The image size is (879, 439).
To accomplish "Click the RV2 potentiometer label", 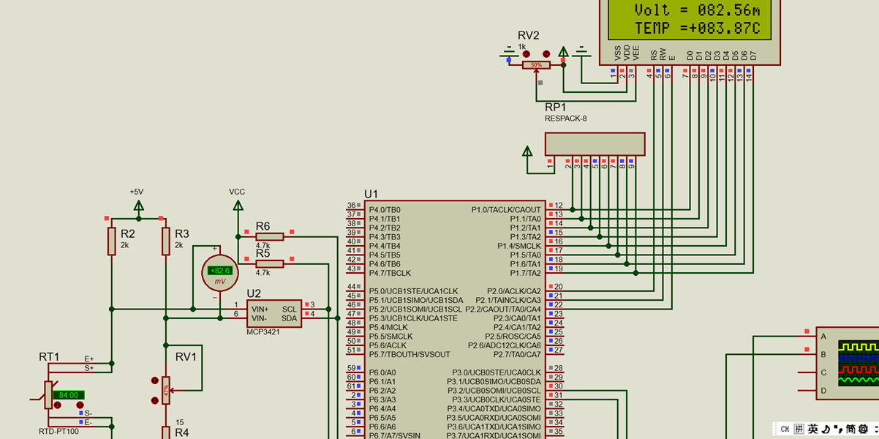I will click(528, 35).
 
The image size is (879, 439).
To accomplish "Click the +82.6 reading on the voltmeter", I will click(220, 271).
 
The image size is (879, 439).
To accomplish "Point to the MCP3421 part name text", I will click(263, 331).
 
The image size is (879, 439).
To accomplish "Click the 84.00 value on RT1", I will click(69, 395).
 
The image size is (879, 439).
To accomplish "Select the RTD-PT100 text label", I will click(59, 431).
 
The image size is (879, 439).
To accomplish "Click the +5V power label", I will click(137, 192).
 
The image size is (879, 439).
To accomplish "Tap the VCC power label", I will click(237, 192).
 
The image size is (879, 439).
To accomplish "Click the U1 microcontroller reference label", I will click(371, 194).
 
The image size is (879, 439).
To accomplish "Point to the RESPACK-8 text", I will click(565, 118).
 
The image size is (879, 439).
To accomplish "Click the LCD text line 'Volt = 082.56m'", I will click(697, 10).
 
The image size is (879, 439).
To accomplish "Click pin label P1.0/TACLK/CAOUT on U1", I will click(506, 209).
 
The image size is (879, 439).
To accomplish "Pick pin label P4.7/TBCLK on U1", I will click(390, 273).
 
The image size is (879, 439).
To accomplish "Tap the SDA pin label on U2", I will click(290, 318).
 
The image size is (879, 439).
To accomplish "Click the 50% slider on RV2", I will click(536, 65).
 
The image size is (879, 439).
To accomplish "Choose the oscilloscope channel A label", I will click(824, 337).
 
